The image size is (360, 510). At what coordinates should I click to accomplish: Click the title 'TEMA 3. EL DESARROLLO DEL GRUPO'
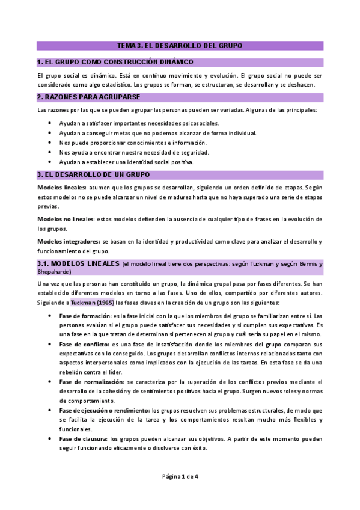click(180, 46)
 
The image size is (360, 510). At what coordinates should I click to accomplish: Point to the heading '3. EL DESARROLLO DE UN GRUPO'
click(93, 174)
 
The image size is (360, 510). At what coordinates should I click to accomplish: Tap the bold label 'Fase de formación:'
click(85, 316)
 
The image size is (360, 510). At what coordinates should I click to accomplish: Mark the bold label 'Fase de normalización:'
click(91, 382)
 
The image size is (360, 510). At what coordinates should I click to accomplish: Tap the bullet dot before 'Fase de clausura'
click(50, 438)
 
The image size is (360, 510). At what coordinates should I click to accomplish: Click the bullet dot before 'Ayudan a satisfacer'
click(50, 123)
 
